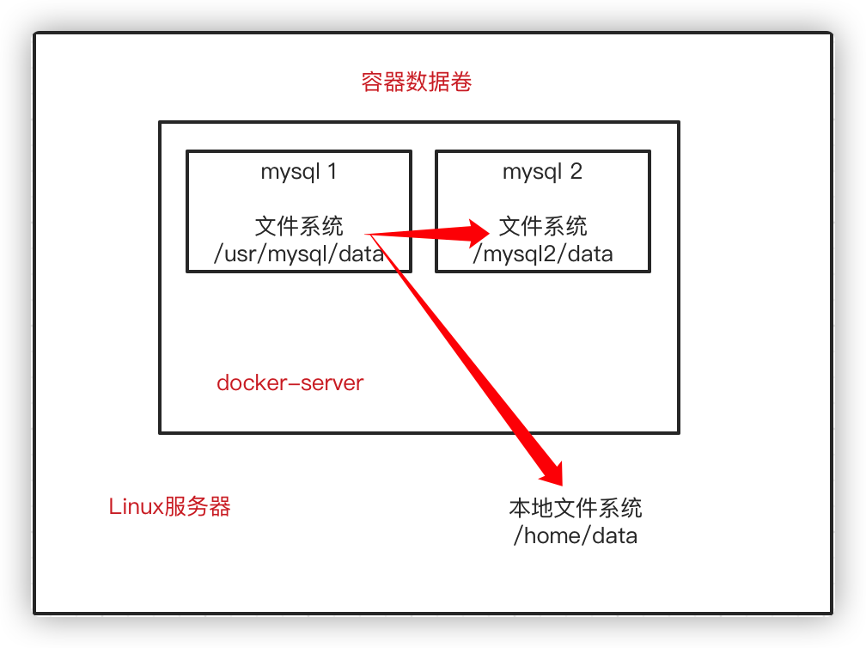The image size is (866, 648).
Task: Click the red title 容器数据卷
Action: [417, 83]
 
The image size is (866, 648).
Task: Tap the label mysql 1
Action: [299, 172]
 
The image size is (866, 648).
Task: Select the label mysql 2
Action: [542, 172]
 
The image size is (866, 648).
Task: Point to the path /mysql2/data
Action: [542, 254]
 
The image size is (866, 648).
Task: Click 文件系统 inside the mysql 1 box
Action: [299, 226]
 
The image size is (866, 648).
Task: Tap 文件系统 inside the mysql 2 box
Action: [543, 226]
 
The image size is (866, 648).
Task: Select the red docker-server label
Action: [290, 383]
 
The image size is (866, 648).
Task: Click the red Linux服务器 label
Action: [170, 506]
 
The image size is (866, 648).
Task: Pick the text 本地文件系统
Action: [576, 508]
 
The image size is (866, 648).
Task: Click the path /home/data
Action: [576, 536]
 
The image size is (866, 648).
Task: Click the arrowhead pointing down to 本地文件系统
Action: [552, 470]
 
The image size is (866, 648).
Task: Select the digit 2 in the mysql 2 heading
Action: [576, 172]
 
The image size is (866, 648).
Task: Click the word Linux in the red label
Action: [136, 506]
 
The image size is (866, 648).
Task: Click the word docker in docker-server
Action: [244, 383]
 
